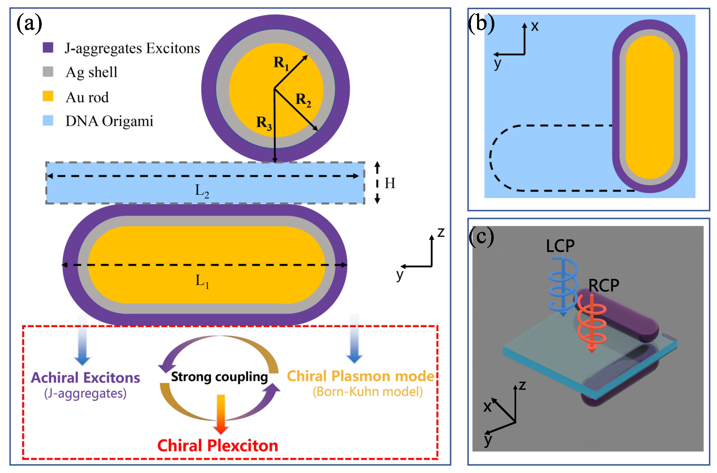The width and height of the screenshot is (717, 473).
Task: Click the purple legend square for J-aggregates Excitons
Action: [x=48, y=47]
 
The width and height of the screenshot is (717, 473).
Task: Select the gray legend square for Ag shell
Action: [x=48, y=72]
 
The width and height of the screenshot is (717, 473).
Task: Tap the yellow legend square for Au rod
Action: [x=48, y=96]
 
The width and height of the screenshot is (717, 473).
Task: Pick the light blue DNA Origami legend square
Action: [x=48, y=120]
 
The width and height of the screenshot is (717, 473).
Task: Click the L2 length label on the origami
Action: [x=202, y=191]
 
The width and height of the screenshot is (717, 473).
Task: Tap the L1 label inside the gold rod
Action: [x=202, y=281]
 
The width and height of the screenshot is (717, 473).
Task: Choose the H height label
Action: [x=390, y=183]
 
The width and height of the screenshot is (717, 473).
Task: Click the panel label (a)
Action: [x=29, y=23]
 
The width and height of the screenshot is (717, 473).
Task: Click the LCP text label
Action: [x=560, y=246]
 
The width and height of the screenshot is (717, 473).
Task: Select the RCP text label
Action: [x=603, y=285]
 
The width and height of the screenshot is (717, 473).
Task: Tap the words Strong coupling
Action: [x=219, y=377]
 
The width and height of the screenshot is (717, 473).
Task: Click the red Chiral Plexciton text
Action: [x=217, y=446]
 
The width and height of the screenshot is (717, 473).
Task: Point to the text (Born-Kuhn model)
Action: [x=367, y=392]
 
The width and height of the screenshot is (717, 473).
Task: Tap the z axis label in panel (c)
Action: [x=522, y=386]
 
